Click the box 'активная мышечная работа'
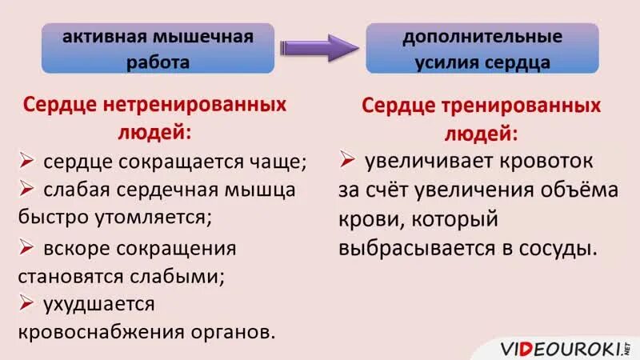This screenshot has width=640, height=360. coord(158,49)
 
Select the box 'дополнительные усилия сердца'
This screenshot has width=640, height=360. coord(482,49)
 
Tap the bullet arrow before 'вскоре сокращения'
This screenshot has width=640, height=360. coord(26,246)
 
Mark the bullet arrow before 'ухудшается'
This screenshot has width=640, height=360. coord(26,302)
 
